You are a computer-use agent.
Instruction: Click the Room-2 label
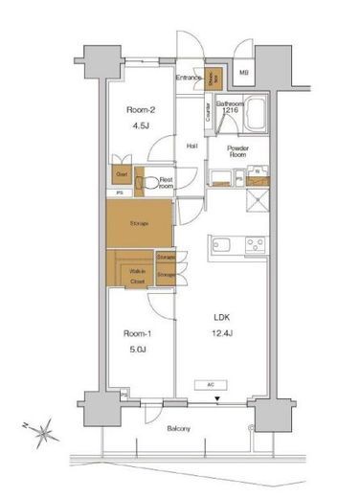[141, 109]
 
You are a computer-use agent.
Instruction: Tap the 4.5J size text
[141, 123]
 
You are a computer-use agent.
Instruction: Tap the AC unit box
[211, 385]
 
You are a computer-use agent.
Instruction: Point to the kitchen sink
[223, 243]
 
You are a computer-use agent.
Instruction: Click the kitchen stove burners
[255, 243]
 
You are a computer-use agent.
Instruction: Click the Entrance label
[190, 76]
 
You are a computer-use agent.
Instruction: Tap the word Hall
[191, 146]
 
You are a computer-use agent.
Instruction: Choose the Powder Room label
[238, 151]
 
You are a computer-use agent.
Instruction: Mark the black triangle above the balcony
[217, 398]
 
